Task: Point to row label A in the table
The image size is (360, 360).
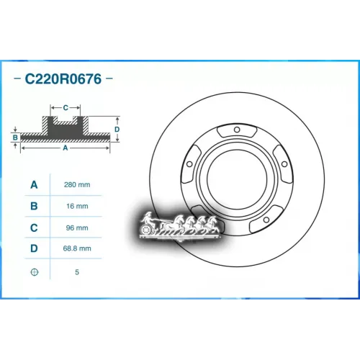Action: coord(34,185)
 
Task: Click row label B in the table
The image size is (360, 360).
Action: coord(34,207)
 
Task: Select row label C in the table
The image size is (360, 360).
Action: coord(34,228)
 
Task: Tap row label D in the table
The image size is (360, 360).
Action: coord(34,249)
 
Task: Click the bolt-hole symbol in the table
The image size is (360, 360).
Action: coord(34,271)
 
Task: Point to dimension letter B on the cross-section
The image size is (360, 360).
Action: coord(14,135)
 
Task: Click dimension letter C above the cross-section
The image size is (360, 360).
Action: coord(66,108)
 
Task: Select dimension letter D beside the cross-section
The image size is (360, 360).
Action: coord(117,129)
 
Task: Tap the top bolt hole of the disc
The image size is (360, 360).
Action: coord(236,130)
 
